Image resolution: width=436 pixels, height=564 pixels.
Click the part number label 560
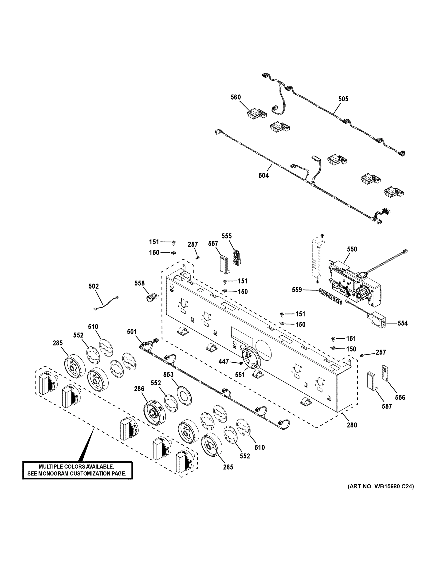tap(236, 97)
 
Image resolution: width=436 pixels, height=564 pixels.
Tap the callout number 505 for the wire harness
tap(343, 99)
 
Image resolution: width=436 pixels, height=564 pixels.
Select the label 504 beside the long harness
tap(264, 176)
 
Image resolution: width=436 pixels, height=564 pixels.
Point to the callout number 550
tap(352, 249)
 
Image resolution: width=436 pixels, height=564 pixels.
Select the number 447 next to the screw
tap(224, 361)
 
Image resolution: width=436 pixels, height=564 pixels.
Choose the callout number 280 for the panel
tap(352, 425)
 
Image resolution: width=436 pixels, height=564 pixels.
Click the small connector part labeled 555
tap(236, 257)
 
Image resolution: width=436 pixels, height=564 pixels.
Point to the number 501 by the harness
tap(132, 332)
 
